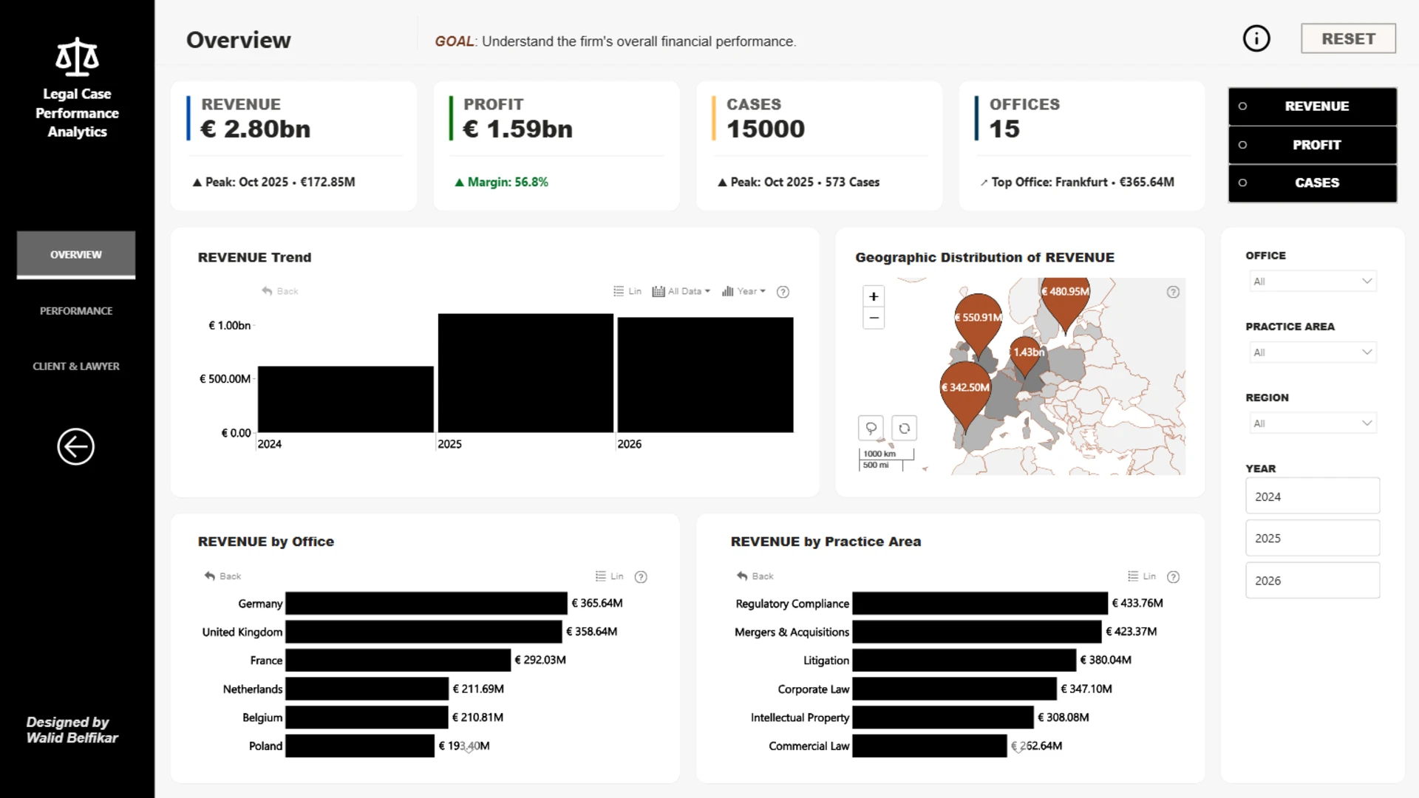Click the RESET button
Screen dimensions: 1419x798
1348,38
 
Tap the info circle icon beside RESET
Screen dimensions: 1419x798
1256,38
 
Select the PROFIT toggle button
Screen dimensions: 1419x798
1313,145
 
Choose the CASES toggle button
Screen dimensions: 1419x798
1313,183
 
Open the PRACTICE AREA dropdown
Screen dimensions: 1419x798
1312,352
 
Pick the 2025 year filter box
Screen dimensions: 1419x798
1313,538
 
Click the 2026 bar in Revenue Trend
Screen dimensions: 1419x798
705,375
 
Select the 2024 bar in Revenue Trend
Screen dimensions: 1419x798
345,399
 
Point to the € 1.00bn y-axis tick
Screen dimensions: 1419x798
230,325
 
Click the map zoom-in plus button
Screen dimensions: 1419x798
874,296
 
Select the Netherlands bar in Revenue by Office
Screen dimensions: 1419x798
367,689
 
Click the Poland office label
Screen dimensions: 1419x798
265,746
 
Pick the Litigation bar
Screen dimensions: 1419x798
964,660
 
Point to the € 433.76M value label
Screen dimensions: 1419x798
1137,603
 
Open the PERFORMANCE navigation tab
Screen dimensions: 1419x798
76,311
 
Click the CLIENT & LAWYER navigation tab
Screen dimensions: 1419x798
76,366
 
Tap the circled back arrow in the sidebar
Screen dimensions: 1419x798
76,447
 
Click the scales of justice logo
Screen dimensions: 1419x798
77,57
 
